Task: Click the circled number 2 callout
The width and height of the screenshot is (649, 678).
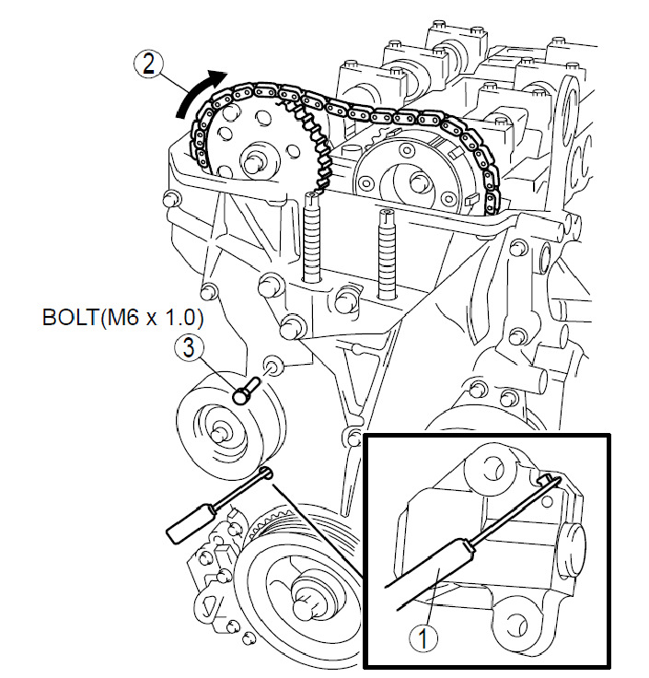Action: (x=148, y=64)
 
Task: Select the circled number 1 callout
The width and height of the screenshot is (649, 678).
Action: (x=423, y=639)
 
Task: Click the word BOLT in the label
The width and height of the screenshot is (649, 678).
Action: (x=70, y=318)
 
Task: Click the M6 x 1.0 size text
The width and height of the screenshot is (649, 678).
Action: (x=152, y=318)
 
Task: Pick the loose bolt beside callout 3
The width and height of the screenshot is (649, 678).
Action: (x=246, y=390)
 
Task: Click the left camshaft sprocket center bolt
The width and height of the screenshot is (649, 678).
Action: (x=253, y=163)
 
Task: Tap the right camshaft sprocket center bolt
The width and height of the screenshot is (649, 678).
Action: (x=416, y=181)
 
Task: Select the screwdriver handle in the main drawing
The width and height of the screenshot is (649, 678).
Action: (x=189, y=522)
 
